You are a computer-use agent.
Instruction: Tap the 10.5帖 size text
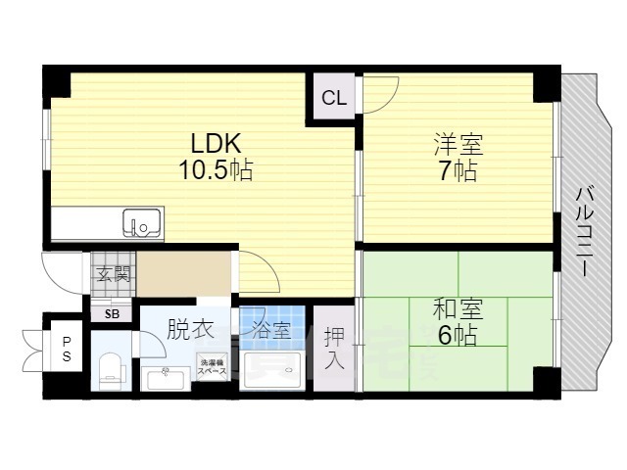click(216, 170)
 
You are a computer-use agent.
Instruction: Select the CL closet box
click(334, 98)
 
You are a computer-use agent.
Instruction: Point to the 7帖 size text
click(458, 172)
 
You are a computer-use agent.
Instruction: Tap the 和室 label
click(458, 309)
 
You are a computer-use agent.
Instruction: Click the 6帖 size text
click(458, 336)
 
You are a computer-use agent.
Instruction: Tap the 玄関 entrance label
click(113, 274)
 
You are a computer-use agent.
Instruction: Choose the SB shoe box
click(113, 313)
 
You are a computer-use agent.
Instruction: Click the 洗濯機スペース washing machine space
click(213, 368)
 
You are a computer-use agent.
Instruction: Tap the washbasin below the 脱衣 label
click(164, 376)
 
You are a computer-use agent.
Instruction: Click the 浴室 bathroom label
click(271, 330)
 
